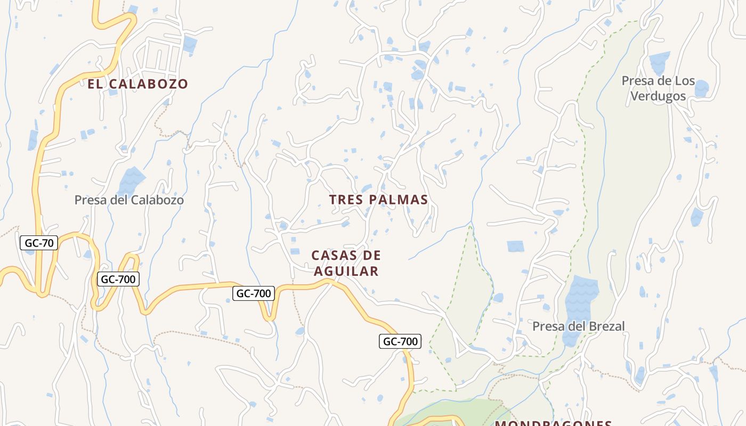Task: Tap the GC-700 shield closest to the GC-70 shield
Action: click(118, 279)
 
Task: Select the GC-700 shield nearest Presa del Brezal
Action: click(400, 342)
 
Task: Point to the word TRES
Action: click(345, 200)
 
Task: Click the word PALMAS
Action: click(397, 200)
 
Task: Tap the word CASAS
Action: click(331, 256)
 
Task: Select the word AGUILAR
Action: click(346, 271)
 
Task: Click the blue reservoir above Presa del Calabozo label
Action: click(131, 180)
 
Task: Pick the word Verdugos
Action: click(658, 96)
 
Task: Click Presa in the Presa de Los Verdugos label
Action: click(637, 81)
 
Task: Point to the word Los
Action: click(684, 81)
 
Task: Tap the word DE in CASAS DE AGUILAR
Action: click(370, 256)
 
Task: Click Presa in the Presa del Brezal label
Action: click(548, 326)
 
